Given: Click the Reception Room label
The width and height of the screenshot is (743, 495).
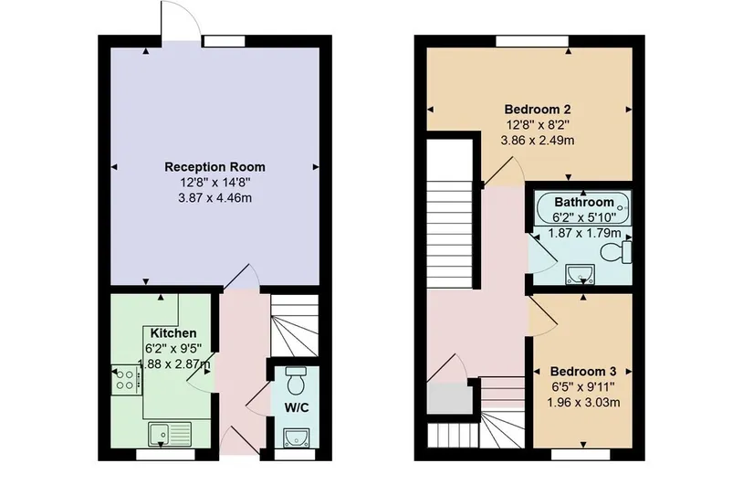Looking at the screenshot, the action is (215, 167).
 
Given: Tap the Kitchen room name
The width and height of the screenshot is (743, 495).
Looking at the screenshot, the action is (173, 332).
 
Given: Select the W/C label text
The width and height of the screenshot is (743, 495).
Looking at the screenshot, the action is (297, 407).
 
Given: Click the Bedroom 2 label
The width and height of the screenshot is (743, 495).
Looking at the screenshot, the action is (538, 110).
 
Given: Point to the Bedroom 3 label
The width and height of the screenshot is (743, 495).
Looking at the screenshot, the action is (583, 371).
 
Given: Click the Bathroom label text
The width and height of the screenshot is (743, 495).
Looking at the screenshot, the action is (584, 203).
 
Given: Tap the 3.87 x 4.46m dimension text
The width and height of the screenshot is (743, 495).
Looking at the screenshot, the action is (215, 197).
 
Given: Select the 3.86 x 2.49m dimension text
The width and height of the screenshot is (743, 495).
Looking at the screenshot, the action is (538, 141).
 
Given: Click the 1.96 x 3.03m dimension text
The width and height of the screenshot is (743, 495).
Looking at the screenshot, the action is (583, 403).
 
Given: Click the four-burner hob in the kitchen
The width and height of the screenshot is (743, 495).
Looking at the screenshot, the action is (126, 379).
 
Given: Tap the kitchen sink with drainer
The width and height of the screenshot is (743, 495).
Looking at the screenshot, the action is (170, 435).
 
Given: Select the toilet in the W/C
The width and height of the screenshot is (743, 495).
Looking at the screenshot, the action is (297, 381).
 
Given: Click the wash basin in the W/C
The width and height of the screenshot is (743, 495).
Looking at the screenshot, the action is (296, 437).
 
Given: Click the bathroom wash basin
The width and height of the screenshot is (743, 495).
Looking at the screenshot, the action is (580, 275).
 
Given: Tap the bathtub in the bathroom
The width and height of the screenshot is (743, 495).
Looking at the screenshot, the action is (583, 208).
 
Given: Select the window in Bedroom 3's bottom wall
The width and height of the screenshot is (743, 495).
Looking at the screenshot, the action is (581, 455).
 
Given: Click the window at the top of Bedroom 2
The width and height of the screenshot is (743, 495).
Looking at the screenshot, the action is (531, 41).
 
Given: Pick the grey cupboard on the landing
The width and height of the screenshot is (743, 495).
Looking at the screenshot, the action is (450, 399).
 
